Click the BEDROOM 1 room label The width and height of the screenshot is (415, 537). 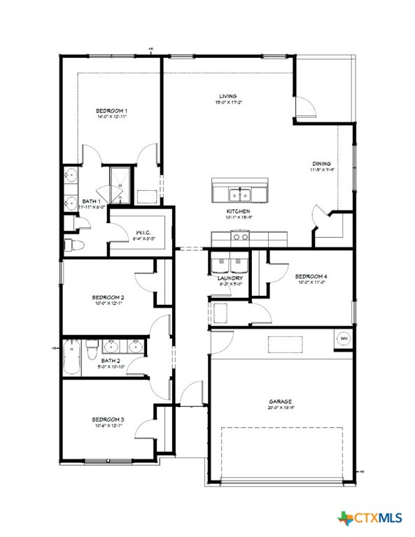tap(111, 110)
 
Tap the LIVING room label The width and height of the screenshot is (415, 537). tap(227, 96)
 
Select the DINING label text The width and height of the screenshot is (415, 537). tap(322, 164)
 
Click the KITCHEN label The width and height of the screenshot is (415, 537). tap(238, 211)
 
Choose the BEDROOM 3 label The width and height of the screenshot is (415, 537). tap(108, 420)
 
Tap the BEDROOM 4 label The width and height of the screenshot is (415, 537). tap(311, 276)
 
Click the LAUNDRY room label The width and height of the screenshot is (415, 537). tap(230, 278)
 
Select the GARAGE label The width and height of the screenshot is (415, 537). tap(280, 402)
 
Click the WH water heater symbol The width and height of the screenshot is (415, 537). tap(344, 338)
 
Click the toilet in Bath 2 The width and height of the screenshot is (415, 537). tap(91, 347)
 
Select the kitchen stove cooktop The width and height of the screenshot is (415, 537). tap(240, 237)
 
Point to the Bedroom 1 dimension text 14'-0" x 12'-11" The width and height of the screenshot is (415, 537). tap(111, 117)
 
